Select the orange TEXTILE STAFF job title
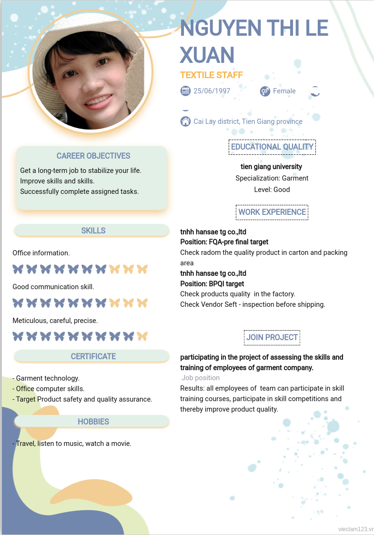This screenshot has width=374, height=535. [212, 75]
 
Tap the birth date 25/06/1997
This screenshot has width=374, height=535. [212, 91]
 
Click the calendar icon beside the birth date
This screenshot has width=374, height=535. [185, 91]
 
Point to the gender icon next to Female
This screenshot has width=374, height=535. [265, 91]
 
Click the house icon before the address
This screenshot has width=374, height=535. [185, 121]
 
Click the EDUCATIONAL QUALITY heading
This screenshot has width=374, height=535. [272, 147]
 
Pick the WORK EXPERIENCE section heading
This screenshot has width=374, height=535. [272, 212]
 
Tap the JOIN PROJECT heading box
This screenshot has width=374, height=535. [272, 337]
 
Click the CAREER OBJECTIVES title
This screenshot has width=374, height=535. [93, 156]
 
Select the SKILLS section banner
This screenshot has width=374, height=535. [93, 231]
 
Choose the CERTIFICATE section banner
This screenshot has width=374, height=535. [93, 356]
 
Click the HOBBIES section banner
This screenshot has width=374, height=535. [93, 422]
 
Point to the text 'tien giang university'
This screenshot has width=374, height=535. [272, 167]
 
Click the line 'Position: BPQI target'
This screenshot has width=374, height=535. [212, 284]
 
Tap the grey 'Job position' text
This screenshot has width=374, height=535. [201, 378]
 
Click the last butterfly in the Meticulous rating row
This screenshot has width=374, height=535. [142, 336]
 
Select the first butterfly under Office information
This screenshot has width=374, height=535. [18, 269]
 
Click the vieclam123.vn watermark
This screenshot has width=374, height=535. [355, 529]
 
